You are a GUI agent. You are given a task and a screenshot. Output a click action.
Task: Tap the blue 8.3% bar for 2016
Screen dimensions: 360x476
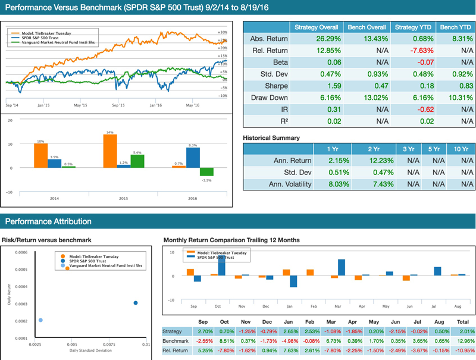click(192, 158)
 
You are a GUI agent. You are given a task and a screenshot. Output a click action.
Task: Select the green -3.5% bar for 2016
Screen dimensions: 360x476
click(206, 172)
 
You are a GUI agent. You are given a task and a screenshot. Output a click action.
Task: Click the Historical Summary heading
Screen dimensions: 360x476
click(271, 137)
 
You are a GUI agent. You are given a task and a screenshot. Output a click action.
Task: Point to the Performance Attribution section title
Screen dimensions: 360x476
click(48, 221)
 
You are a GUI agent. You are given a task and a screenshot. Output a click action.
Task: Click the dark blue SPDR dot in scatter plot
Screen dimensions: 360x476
click(136, 303)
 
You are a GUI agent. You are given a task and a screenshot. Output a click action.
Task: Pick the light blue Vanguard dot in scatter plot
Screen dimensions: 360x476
click(40, 320)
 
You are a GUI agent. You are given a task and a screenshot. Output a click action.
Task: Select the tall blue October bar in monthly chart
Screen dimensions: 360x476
click(222, 265)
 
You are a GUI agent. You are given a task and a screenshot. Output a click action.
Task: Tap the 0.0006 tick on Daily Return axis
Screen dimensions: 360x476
click(19, 252)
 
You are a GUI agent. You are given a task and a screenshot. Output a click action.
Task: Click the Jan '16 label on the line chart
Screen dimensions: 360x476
click(155, 105)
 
